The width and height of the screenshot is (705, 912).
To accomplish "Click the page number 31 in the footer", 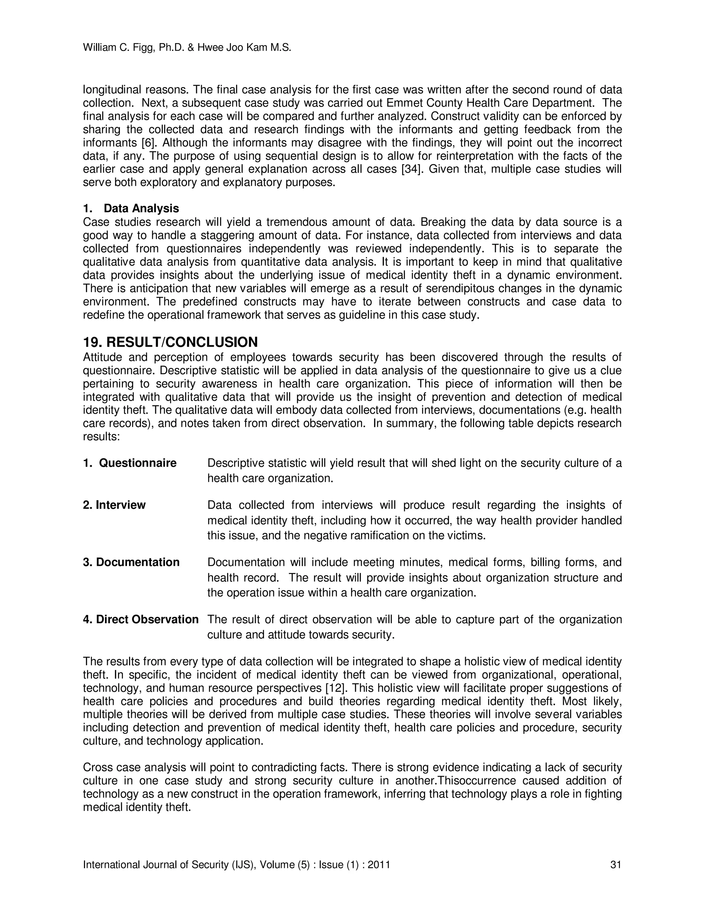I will click(615, 865).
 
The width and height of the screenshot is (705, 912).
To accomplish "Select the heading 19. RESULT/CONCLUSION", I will click(170, 342).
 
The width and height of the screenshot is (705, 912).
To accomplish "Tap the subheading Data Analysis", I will click(141, 208).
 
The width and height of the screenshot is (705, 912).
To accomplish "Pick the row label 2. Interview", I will click(114, 505).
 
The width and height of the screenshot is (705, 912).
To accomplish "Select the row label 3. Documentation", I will click(131, 562).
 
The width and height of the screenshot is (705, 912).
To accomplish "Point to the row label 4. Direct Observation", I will click(141, 620).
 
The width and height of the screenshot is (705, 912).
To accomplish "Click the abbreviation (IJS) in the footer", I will click(243, 865).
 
